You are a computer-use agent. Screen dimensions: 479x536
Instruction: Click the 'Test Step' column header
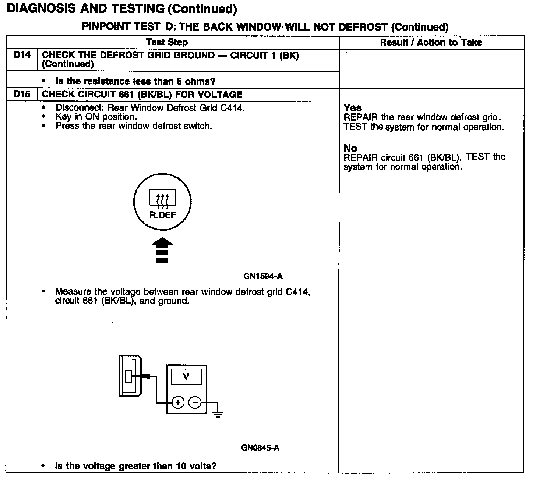(167, 42)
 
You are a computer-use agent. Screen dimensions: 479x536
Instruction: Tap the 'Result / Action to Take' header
(431, 43)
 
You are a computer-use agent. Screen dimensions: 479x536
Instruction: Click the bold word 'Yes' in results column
(352, 108)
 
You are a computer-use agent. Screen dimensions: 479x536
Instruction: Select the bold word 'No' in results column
(350, 148)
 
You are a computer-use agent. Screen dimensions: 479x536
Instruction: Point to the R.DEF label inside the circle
(162, 215)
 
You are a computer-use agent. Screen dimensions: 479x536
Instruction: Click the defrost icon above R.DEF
(162, 199)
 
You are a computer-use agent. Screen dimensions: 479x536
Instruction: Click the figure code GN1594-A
(263, 276)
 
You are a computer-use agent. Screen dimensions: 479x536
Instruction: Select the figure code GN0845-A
(260, 448)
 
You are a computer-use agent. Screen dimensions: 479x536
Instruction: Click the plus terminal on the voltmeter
(178, 402)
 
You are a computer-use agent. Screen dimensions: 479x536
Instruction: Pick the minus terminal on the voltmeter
(195, 402)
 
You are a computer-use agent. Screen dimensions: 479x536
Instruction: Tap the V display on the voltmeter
(186, 377)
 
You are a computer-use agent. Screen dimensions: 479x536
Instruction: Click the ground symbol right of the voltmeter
(218, 414)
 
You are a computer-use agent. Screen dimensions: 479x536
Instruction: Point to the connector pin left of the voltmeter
(128, 376)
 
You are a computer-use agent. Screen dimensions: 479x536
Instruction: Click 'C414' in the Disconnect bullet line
(234, 108)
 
